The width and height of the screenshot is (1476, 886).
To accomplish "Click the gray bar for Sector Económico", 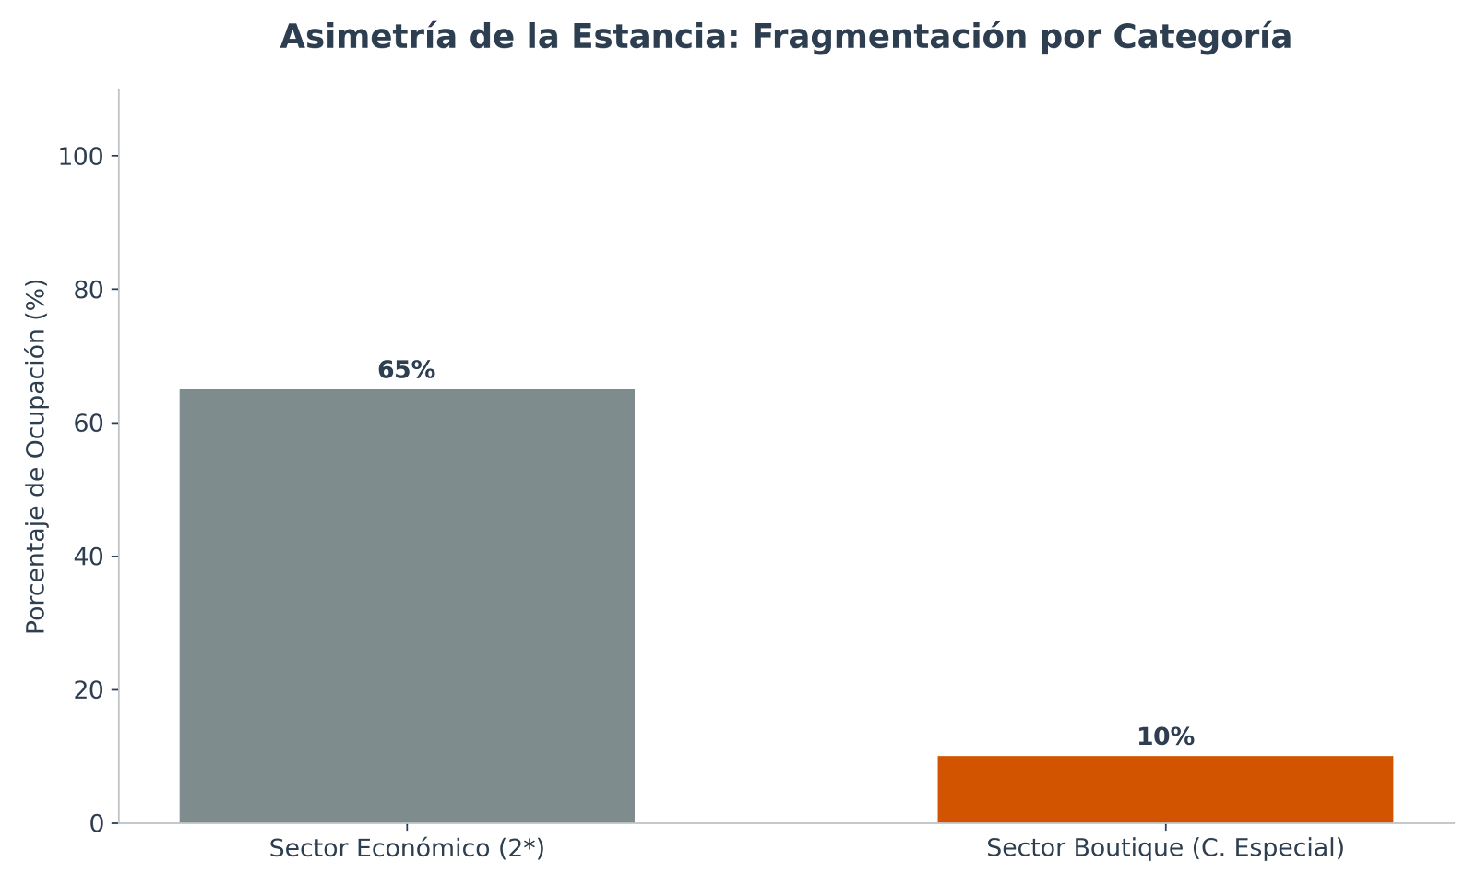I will (x=406, y=605).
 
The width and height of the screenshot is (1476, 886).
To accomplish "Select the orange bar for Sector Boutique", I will (x=1165, y=789).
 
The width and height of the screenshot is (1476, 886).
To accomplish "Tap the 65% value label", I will (x=406, y=370).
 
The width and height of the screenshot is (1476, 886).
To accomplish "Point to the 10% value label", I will (x=1165, y=736).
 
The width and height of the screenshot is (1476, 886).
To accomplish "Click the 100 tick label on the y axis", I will (x=80, y=157).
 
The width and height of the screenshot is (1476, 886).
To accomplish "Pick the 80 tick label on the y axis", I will (x=88, y=290).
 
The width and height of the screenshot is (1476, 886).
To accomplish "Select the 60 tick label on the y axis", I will (x=88, y=424).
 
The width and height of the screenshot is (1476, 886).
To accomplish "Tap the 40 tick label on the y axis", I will (x=88, y=557).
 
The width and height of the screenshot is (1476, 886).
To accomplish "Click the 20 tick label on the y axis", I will (x=88, y=690).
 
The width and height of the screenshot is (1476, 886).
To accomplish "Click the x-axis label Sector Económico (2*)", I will (x=406, y=848).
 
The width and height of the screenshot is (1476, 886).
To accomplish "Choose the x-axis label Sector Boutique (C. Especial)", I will (x=1165, y=848).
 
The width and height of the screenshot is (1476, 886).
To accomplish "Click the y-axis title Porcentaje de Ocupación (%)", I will (x=36, y=456).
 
